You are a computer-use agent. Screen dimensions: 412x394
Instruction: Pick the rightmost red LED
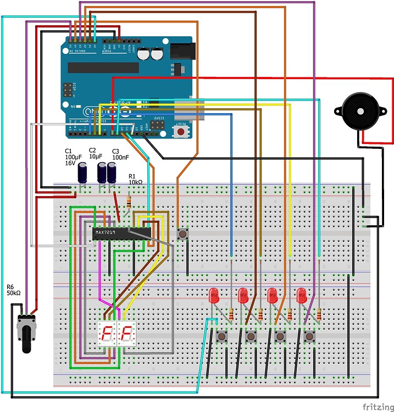coord(301,297)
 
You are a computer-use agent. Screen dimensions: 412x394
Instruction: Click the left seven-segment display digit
coord(107,334)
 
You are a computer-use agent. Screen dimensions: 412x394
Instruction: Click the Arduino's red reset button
coord(179,131)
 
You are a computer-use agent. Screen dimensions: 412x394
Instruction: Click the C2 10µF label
coord(97,153)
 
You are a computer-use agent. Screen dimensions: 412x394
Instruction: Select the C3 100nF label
coord(120,154)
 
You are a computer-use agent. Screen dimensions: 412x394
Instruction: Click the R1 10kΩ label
coord(135,178)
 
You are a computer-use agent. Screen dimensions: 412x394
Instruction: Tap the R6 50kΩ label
coord(13,290)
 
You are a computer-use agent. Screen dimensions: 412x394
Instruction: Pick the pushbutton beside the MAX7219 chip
coord(182,234)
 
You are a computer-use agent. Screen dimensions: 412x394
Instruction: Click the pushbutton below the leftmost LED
coord(222,336)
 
